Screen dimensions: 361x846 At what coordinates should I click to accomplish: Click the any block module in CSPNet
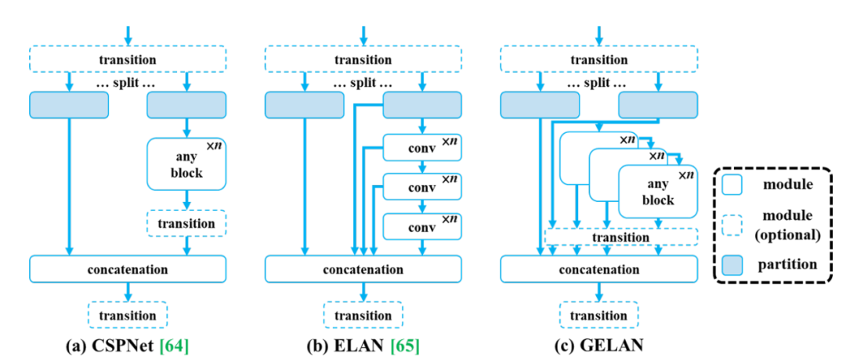(x=186, y=163)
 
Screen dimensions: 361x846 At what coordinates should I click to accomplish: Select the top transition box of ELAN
(x=363, y=59)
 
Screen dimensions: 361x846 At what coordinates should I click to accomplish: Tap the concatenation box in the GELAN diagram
(x=598, y=269)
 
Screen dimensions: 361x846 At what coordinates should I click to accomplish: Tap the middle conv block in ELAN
(x=421, y=187)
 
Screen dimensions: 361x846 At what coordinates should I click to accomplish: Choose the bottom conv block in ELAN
(x=421, y=226)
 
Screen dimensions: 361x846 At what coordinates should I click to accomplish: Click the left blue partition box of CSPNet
(x=69, y=104)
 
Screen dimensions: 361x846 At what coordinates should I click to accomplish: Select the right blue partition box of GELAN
(x=658, y=104)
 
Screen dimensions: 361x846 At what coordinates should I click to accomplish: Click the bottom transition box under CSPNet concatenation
(x=128, y=315)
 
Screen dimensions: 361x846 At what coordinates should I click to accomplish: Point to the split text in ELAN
(x=363, y=82)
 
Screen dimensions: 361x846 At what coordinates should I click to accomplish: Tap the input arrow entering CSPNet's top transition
(x=128, y=34)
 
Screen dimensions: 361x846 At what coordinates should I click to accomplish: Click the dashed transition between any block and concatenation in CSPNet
(x=186, y=223)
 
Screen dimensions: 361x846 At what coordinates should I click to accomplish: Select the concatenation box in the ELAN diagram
(x=363, y=269)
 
